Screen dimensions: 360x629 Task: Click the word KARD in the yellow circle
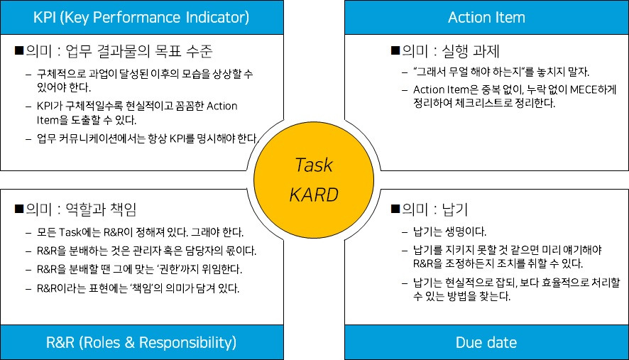(314, 194)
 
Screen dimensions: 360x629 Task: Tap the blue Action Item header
(487, 16)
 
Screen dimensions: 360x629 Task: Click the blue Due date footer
(487, 343)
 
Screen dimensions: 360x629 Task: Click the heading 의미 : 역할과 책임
(80, 209)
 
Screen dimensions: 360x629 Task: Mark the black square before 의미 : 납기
(395, 210)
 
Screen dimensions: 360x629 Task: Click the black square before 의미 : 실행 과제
(395, 52)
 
